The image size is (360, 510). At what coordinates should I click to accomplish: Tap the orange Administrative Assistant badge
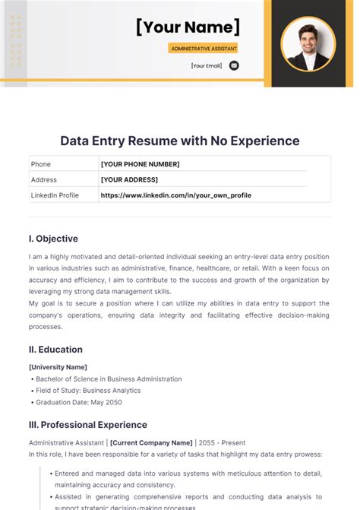point(204,48)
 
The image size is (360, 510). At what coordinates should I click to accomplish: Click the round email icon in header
point(234,65)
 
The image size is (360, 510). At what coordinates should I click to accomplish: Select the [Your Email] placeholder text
point(207,65)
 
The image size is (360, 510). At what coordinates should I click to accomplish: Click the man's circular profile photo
point(308,43)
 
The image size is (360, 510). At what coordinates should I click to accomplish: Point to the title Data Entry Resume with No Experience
point(180,141)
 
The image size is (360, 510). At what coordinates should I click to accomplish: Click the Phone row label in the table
point(40,164)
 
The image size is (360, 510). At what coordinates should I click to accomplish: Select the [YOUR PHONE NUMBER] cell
point(140,164)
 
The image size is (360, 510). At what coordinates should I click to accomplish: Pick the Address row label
point(43,179)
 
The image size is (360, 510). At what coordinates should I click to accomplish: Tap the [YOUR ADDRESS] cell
point(129,179)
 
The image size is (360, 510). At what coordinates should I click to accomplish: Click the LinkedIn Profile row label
point(55,195)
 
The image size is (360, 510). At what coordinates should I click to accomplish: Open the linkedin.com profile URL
point(175,195)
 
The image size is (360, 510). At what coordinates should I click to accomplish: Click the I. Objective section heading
point(53,239)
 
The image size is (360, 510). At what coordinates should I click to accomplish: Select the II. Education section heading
point(55,350)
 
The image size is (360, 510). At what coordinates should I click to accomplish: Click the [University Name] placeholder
point(56,368)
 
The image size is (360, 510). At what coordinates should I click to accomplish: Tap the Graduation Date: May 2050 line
point(77,402)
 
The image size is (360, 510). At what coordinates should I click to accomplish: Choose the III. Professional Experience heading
point(88,425)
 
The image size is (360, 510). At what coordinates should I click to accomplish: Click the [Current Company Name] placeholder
point(150,442)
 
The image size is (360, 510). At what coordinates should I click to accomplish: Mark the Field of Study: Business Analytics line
point(87,391)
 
